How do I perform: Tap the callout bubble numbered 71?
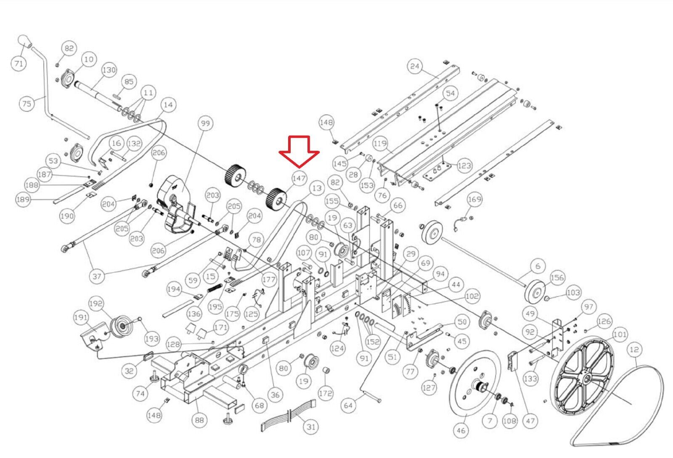tap(18, 63)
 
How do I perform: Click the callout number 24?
tap(415, 66)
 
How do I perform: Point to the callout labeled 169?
tap(474, 199)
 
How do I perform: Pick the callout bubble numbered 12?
tap(634, 350)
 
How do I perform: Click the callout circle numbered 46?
tap(461, 430)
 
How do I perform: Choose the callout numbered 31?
tap(311, 427)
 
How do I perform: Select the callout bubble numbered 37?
tap(97, 276)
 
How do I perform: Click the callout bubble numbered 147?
tap(299, 178)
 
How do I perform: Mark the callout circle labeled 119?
tap(380, 143)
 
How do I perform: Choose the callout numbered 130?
tap(109, 70)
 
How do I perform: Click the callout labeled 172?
tap(326, 393)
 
